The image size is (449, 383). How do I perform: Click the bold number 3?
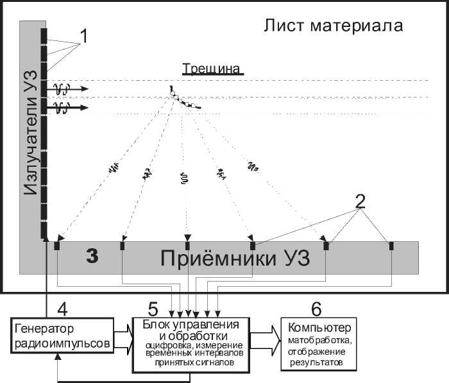click(x=93, y=256)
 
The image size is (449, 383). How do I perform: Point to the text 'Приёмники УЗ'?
click(x=234, y=259)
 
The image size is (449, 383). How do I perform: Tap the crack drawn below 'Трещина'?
click(x=185, y=99)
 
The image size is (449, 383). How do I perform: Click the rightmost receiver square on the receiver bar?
click(x=391, y=245)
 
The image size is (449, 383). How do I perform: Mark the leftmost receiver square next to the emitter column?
click(x=58, y=245)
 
